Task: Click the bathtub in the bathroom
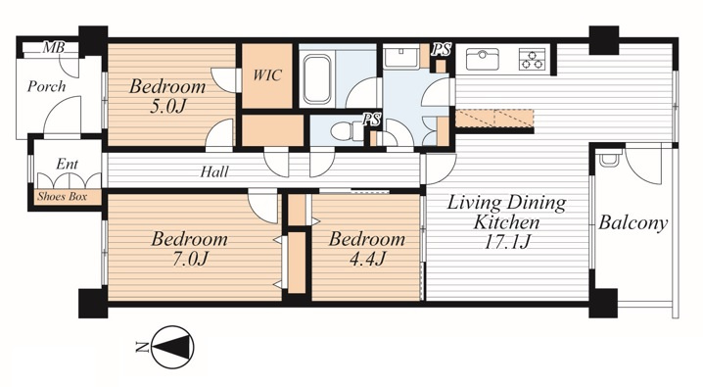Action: click(317, 79)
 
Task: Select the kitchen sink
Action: click(482, 59)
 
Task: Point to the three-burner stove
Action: click(533, 59)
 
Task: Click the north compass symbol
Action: click(172, 347)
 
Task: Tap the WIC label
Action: click(267, 74)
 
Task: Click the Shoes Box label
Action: click(63, 196)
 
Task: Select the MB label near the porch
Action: click(53, 47)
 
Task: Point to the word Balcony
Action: click(633, 222)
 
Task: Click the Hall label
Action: click(214, 171)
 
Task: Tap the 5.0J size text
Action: click(167, 106)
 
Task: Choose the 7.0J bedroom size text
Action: click(190, 259)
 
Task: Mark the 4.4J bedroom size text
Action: click(367, 259)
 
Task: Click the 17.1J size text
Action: click(507, 242)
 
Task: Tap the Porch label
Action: click(47, 86)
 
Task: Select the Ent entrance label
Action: click(68, 165)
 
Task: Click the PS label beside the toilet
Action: click(372, 120)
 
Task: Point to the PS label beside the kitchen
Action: click(442, 49)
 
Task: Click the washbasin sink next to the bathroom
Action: click(401, 58)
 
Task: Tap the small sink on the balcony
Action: click(609, 159)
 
